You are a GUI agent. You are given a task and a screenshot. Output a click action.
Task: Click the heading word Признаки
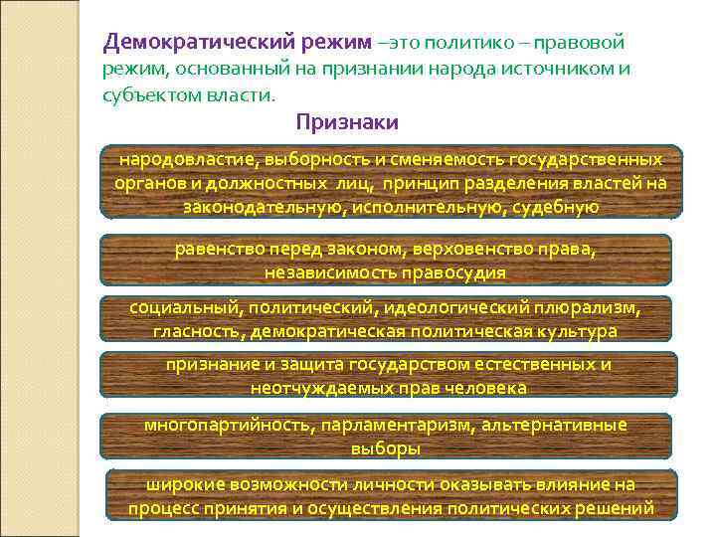347,122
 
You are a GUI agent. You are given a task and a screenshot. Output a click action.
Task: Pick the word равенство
215,249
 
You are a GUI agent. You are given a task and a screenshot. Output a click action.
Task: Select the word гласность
197,330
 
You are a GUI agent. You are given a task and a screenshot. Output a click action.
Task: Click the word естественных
545,365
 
